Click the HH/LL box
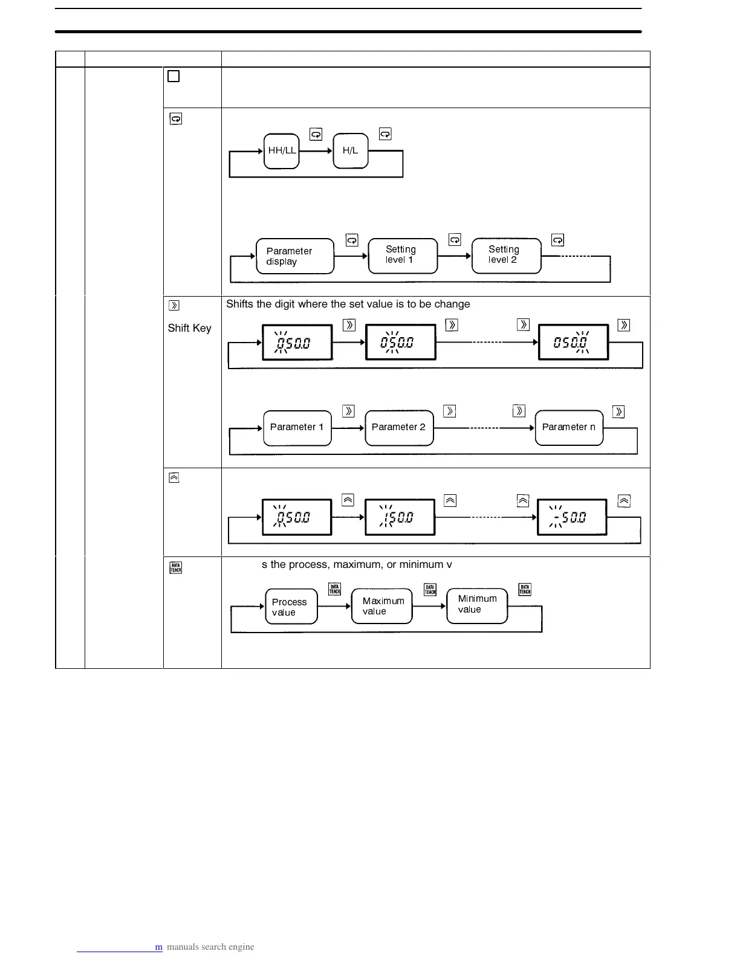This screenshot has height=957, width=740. (x=282, y=151)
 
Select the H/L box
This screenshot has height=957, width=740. (x=351, y=151)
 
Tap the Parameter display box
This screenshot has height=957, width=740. (x=295, y=256)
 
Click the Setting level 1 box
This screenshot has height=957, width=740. (x=403, y=256)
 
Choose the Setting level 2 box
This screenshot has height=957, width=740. (x=506, y=256)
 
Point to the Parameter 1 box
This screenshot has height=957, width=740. (x=297, y=427)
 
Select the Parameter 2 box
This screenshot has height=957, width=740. (x=399, y=427)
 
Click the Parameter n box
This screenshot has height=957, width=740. (x=569, y=427)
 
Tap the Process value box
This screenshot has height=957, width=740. (x=291, y=607)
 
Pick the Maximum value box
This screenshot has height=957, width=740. (x=381, y=606)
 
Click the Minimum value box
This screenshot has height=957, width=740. (x=476, y=605)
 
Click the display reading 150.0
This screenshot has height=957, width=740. (x=400, y=517)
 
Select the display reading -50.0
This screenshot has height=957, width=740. (x=572, y=517)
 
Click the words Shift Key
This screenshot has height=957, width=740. (x=189, y=328)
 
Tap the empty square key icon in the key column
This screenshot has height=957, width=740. (x=174, y=76)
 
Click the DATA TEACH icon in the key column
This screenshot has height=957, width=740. (x=176, y=568)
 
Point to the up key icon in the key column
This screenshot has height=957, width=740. (x=174, y=478)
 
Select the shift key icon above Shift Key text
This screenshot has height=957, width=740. (x=174, y=305)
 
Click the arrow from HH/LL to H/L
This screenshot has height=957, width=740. (x=316, y=151)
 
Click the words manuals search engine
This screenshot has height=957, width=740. (x=210, y=947)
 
